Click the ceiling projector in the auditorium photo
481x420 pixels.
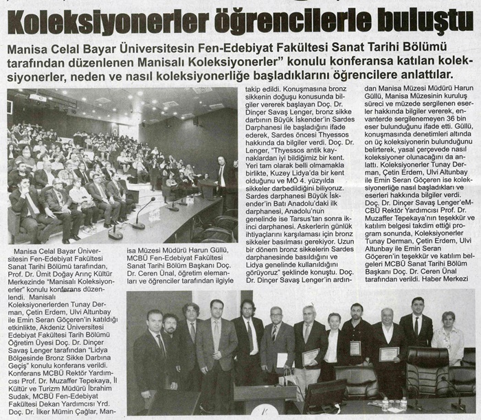(x=40, y=97)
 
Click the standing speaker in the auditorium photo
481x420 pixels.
(x=221, y=180)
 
